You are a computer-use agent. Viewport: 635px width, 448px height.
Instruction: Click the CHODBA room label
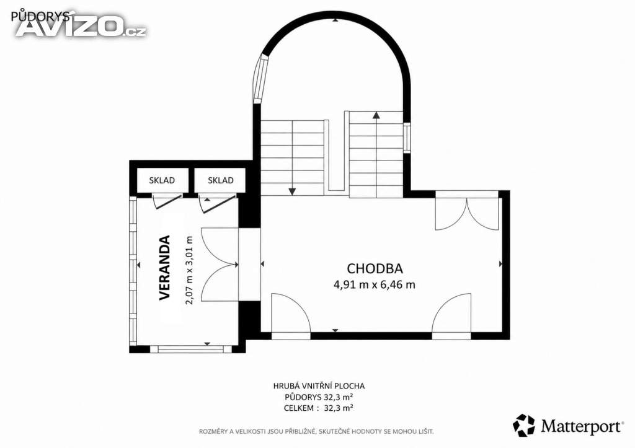point(375,268)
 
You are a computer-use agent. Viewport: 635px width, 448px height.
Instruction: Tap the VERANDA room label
point(164,268)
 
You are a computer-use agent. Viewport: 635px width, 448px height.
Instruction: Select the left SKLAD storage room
point(162,180)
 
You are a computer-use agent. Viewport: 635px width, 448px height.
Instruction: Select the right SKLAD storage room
point(220,180)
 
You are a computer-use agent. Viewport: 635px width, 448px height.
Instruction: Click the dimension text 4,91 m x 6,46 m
point(374,285)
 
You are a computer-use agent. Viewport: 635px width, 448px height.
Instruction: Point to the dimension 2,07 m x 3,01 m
point(189,270)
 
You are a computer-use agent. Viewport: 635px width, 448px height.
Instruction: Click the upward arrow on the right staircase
point(376,115)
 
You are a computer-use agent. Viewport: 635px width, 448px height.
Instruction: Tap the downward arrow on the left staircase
point(292,192)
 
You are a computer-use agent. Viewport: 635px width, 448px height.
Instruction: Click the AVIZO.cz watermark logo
point(81,27)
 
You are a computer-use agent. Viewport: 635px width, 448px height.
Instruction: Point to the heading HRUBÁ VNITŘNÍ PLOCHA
point(319,386)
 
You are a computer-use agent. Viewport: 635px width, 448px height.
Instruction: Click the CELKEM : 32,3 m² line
point(318,408)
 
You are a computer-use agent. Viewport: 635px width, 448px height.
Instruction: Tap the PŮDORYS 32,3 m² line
point(319,397)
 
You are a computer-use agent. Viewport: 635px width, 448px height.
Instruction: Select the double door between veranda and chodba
point(220,264)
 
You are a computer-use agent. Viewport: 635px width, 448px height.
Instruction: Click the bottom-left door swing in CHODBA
point(291,314)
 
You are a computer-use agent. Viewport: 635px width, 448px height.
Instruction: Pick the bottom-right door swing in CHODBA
point(451,314)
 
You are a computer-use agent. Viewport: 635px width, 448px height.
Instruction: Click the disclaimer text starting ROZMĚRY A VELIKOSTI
point(316,432)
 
